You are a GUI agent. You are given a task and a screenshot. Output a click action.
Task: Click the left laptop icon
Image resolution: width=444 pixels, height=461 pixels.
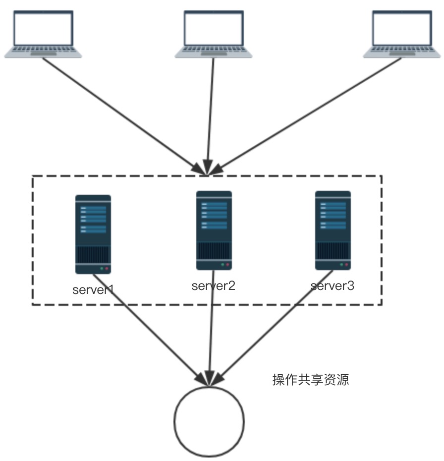(43, 34)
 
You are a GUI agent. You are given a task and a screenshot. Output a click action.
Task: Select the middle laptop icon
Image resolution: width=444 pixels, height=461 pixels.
(214, 34)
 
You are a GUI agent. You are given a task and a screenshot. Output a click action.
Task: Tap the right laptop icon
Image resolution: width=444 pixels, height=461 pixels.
(402, 34)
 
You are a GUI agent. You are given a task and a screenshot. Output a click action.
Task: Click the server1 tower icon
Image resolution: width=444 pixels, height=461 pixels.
(93, 234)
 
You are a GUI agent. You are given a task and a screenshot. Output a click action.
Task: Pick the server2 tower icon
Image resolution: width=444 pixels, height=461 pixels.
(214, 230)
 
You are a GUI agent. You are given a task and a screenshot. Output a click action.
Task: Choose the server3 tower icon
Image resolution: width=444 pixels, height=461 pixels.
(333, 230)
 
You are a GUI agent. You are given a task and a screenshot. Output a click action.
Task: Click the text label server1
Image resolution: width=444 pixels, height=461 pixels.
(93, 290)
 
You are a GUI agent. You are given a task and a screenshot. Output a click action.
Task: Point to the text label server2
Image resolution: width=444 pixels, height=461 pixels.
(214, 286)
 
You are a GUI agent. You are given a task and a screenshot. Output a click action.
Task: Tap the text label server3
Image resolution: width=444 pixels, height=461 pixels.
(333, 286)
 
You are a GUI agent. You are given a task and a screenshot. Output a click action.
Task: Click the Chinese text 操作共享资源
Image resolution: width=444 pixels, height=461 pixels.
(311, 380)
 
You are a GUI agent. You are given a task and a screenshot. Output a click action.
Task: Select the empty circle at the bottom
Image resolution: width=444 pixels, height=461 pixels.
(209, 421)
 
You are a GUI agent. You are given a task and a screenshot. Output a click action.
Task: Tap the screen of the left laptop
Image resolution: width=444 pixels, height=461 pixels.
(43, 29)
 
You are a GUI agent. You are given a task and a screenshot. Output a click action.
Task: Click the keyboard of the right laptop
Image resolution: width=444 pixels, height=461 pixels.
(402, 50)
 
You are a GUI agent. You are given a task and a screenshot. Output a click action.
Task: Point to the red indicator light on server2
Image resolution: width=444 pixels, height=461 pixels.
(228, 265)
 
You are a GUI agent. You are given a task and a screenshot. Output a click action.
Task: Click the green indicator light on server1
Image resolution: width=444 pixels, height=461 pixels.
(102, 269)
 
